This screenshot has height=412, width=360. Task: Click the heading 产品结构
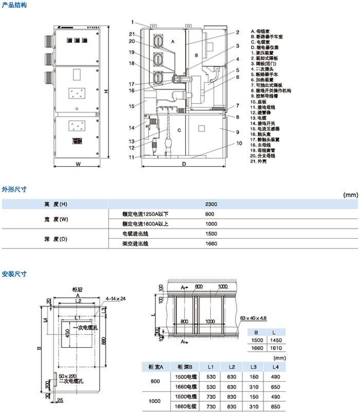(x=14, y=4)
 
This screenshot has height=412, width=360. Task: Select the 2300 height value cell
(x=211, y=204)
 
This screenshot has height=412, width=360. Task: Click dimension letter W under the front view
(x=77, y=165)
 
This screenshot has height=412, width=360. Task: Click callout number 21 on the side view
(x=132, y=34)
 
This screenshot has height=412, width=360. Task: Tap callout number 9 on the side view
(x=238, y=132)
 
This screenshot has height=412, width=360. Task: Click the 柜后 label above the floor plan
(x=78, y=290)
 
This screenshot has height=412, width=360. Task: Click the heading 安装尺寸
(x=14, y=273)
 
